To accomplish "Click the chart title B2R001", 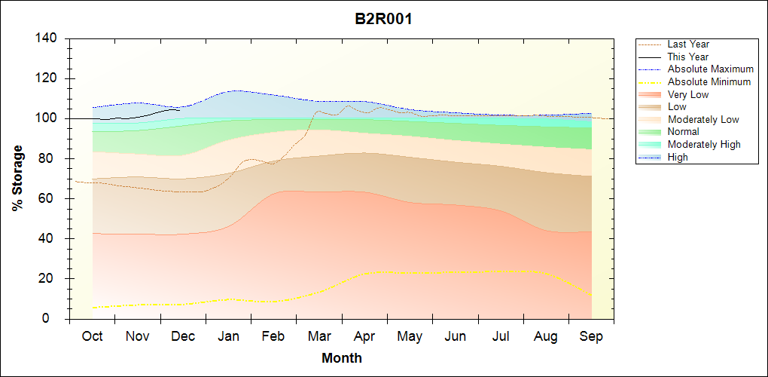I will pos(383,19).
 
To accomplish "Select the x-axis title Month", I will pos(341,358).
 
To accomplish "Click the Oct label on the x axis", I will pos(92,336).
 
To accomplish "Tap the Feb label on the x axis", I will pos(273,336).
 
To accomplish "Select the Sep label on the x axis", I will pos(591,336).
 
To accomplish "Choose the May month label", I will pos(410,336).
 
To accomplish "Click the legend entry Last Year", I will pos(687,44).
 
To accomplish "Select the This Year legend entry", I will pos(687,57).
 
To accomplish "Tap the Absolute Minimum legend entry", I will pos(709,81).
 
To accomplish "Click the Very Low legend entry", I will pos(687,94).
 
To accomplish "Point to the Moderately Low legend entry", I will pos(703,119).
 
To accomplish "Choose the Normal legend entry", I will pos(683,132).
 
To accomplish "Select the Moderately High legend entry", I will pos(704,144).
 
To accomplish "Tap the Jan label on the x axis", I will pos(228,336).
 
